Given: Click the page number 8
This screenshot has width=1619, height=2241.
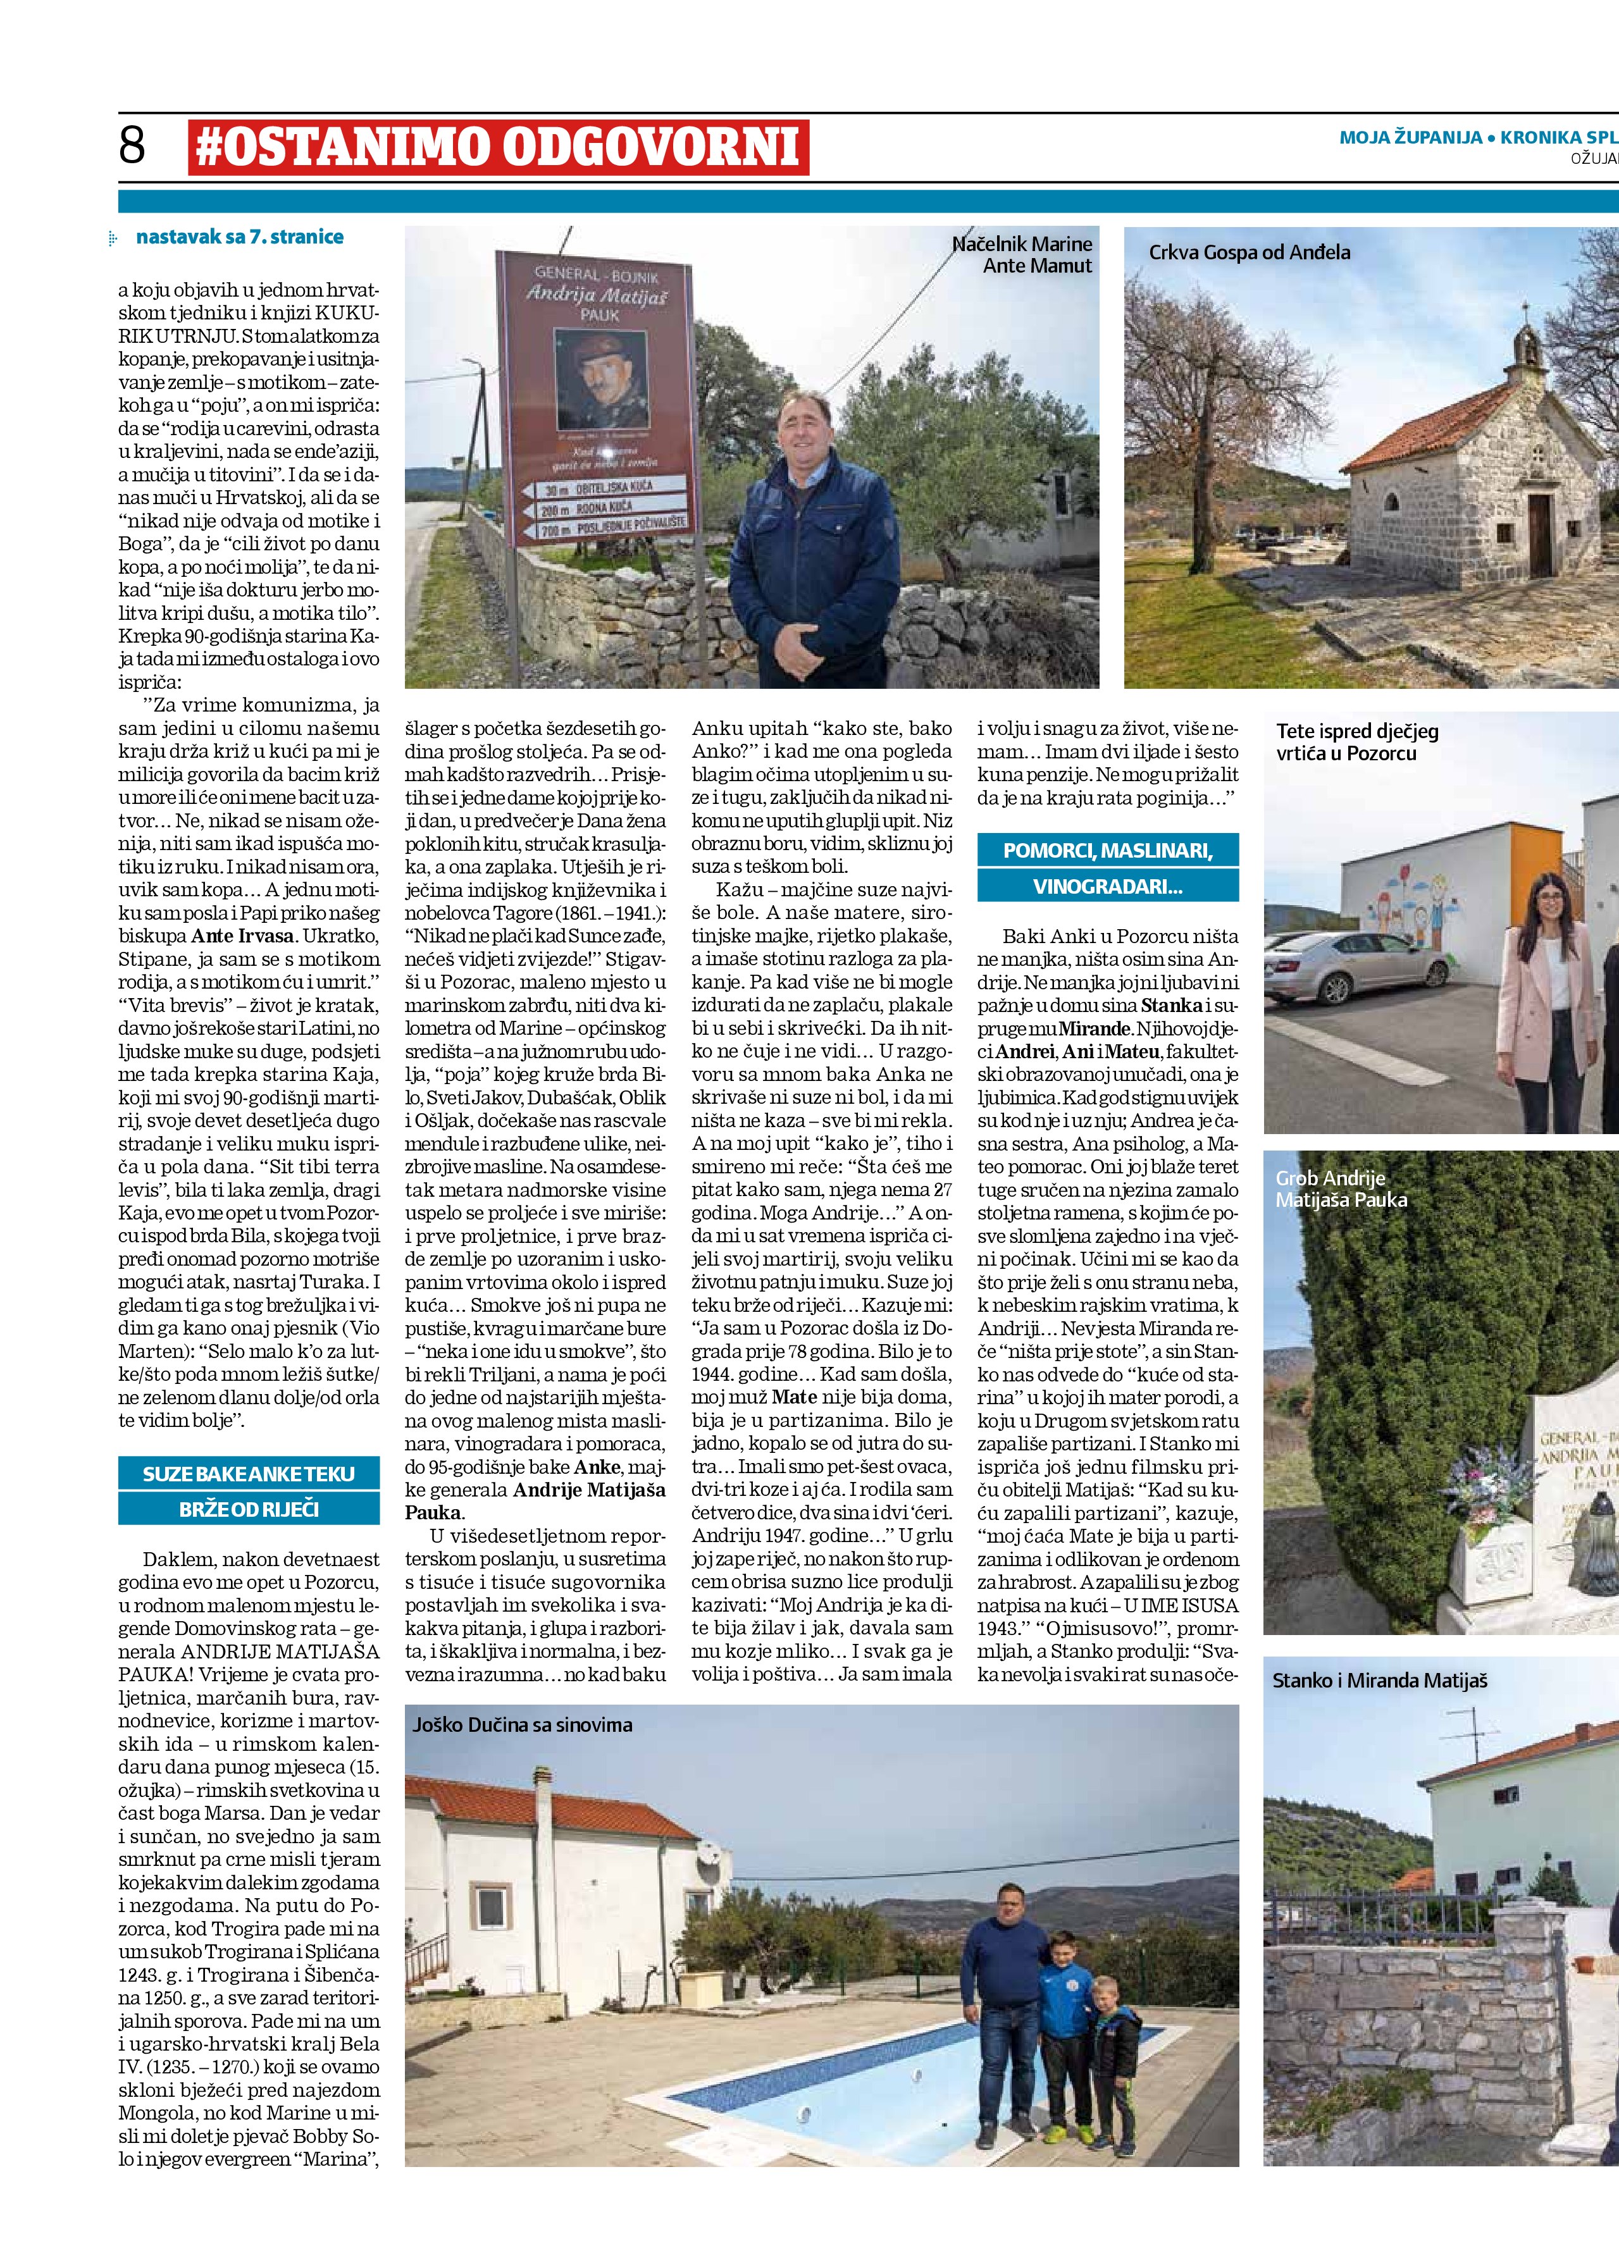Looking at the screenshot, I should click(x=132, y=146).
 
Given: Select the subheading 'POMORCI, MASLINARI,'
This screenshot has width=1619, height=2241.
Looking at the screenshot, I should click(x=1107, y=849).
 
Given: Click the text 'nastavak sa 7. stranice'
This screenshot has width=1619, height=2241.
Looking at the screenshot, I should click(x=239, y=237).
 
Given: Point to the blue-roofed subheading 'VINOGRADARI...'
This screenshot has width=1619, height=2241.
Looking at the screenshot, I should click(x=1107, y=886).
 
